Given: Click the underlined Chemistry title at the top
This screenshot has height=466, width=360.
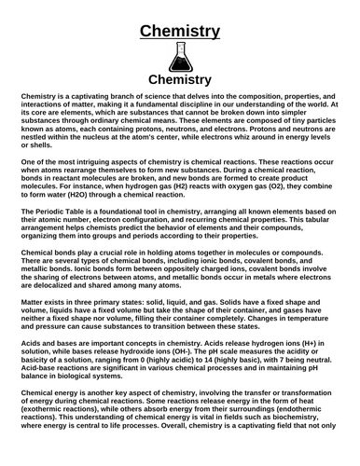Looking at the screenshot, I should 180,32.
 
